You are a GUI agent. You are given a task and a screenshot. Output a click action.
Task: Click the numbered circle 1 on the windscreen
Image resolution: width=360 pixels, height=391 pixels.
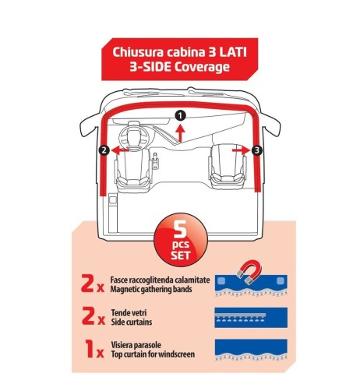pos(181,114)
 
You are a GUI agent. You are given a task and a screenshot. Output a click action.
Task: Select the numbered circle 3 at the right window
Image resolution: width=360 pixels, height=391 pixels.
pos(259,148)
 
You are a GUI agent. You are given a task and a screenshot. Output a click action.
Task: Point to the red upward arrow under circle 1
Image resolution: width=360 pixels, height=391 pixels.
pos(181,132)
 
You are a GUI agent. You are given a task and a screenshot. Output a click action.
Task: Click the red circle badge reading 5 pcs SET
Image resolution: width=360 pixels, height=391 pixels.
pos(181,241)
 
